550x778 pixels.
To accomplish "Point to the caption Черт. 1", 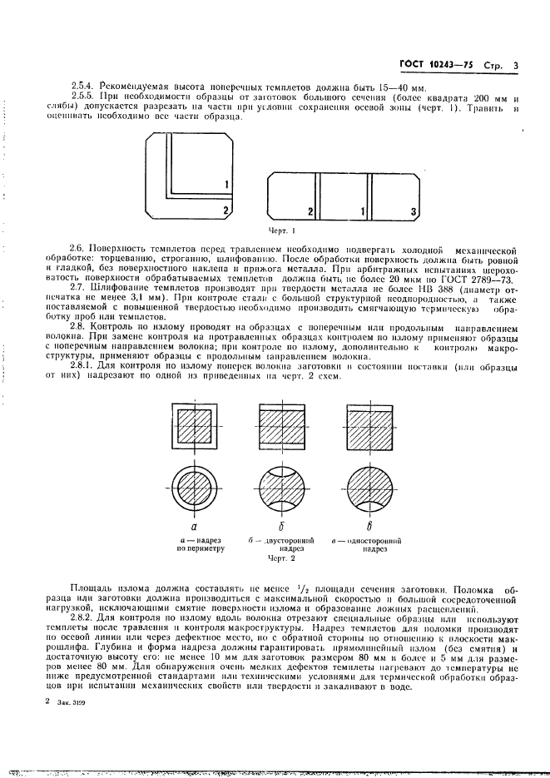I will pyautogui.click(x=281, y=229).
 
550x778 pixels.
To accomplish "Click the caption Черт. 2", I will pyautogui.click(x=281, y=559).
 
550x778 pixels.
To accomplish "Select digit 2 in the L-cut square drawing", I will pyautogui.click(x=225, y=212).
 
